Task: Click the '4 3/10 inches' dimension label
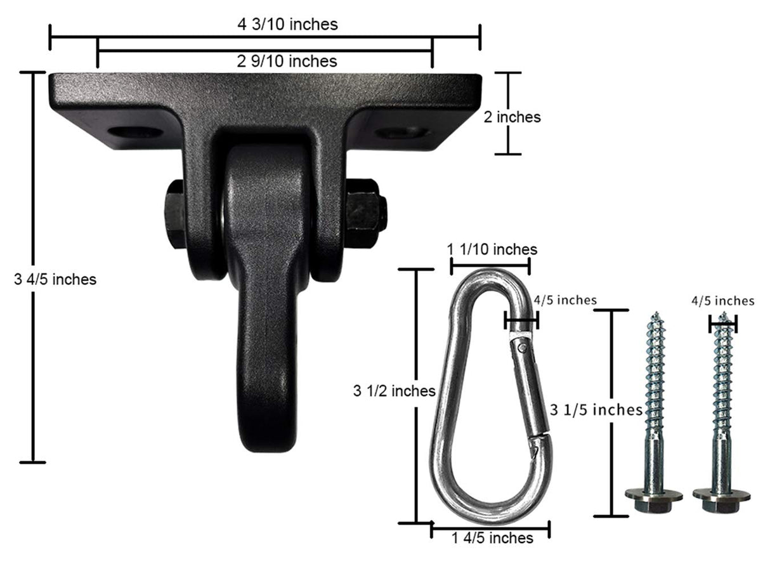287,24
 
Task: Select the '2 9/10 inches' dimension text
287,61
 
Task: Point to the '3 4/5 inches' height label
55,279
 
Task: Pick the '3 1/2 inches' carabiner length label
393,391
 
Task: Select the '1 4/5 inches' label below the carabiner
492,538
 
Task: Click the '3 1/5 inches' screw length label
596,410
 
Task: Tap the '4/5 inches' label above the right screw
722,301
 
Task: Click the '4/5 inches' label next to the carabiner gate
565,299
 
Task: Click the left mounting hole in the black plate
135,133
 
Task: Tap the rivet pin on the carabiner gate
521,346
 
